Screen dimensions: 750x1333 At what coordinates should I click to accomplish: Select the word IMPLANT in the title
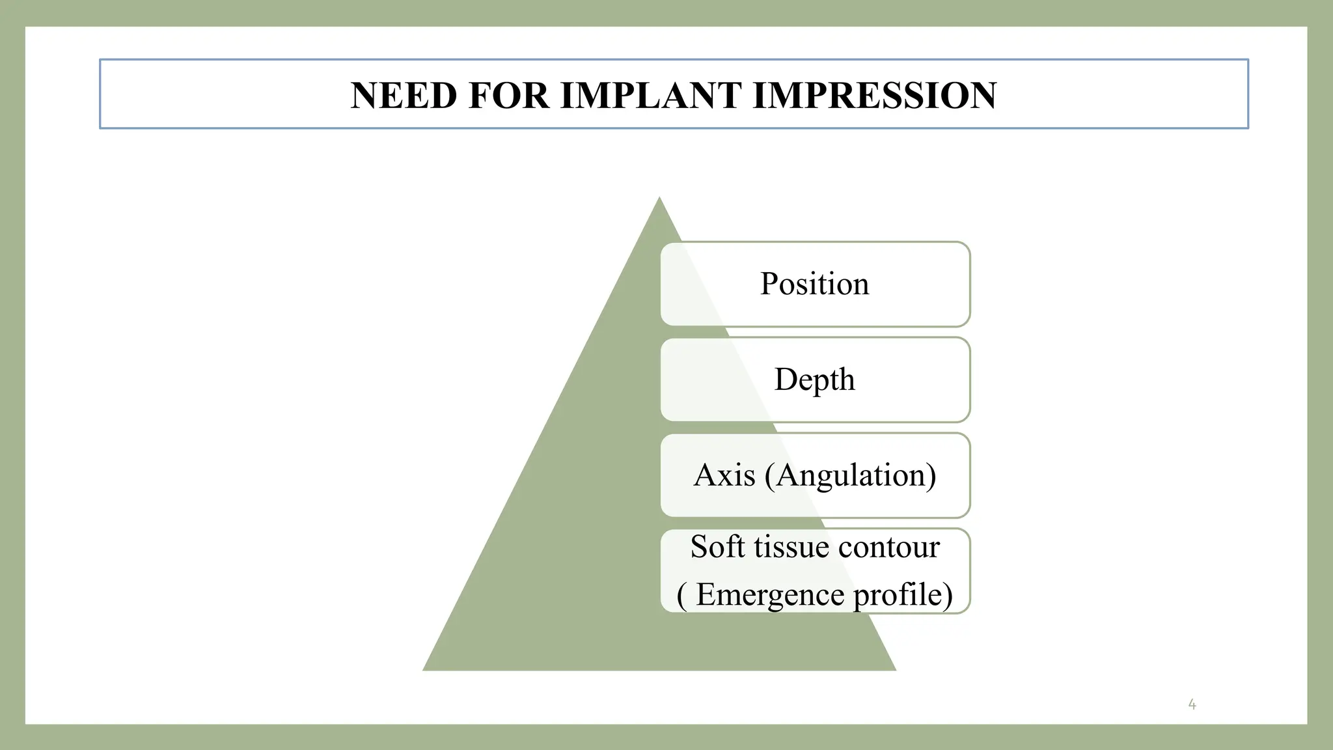(x=651, y=96)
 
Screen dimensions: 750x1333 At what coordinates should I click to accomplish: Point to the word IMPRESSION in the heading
(x=874, y=96)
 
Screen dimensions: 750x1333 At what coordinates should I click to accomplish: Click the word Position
(x=814, y=285)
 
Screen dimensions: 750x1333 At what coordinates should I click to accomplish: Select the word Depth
(x=814, y=380)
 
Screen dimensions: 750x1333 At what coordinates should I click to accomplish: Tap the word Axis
(x=724, y=475)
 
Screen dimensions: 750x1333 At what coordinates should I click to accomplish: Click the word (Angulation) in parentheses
(x=851, y=475)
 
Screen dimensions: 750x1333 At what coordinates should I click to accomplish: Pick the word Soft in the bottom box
(x=717, y=547)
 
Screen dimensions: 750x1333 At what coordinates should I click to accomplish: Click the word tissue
(x=791, y=547)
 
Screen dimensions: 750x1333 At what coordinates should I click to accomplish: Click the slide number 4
(x=1192, y=704)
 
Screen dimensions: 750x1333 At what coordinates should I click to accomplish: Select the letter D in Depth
(x=786, y=379)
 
